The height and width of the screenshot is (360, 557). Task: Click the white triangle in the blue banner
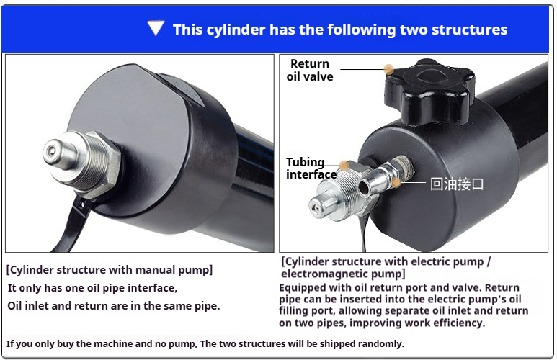(156, 28)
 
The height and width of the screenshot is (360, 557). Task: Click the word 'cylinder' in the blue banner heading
(236, 30)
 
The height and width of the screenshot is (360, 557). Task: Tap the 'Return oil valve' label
(310, 70)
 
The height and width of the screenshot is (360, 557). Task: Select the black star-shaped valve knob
(429, 91)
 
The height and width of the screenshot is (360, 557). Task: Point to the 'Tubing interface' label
(311, 168)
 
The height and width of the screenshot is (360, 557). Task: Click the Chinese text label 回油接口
(457, 184)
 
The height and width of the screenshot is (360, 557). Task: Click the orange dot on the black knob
(389, 69)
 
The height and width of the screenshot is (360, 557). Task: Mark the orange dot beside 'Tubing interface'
(344, 165)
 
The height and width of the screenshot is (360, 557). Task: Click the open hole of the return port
(363, 187)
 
